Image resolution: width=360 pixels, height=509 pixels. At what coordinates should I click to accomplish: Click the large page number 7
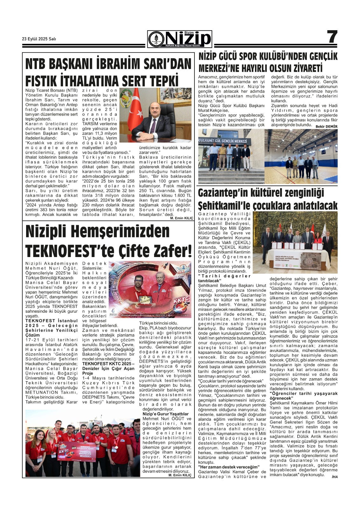click(332, 38)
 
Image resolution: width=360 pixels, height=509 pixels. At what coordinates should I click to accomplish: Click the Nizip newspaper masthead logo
click(180, 39)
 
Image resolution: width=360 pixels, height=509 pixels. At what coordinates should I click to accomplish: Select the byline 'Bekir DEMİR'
click(326, 127)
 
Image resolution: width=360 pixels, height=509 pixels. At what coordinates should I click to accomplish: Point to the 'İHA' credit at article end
click(334, 476)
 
